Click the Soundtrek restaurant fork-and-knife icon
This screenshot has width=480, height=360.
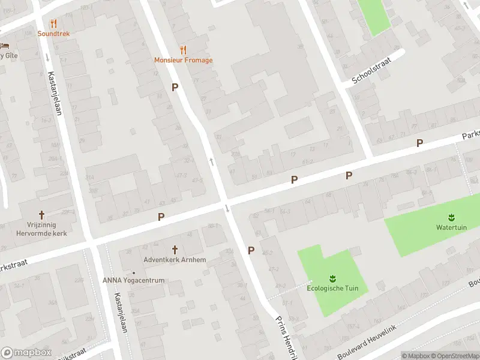point(53,24)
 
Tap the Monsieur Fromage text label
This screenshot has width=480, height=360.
point(183,60)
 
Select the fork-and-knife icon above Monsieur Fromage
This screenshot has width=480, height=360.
point(183,50)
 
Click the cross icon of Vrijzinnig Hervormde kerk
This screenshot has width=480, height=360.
point(42,215)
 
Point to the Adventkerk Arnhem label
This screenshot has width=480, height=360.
point(175,260)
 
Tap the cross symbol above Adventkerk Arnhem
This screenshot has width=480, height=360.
point(175,249)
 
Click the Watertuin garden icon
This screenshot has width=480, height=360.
point(450,217)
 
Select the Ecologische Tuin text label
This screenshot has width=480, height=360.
point(332,288)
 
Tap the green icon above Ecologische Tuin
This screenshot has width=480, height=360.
point(332,278)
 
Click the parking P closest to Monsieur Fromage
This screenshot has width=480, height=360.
point(175,88)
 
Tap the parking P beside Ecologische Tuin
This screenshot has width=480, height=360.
point(251,251)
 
